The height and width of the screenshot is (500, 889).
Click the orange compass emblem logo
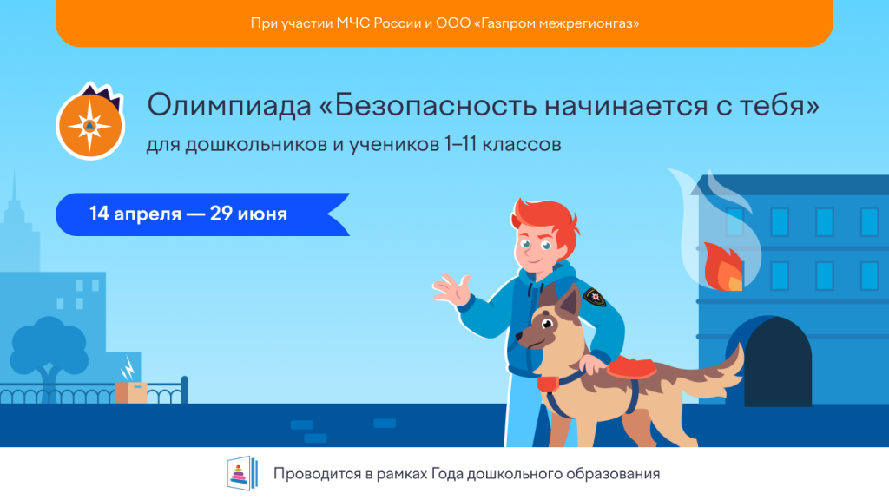[x=90, y=123]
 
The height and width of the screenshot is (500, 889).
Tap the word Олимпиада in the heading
[x=229, y=106]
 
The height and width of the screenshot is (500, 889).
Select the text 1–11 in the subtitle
[x=460, y=144]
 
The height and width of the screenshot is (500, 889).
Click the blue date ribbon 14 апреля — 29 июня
[x=202, y=214]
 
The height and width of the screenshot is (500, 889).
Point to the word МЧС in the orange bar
[x=352, y=23]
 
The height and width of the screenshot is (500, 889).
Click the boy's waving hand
[x=452, y=290]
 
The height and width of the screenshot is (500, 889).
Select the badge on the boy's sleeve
[x=595, y=297]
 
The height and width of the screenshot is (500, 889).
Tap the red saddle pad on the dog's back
[x=631, y=367]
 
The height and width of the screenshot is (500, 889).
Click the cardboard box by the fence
[x=131, y=392]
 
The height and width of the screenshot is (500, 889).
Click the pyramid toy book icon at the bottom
[x=242, y=473]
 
